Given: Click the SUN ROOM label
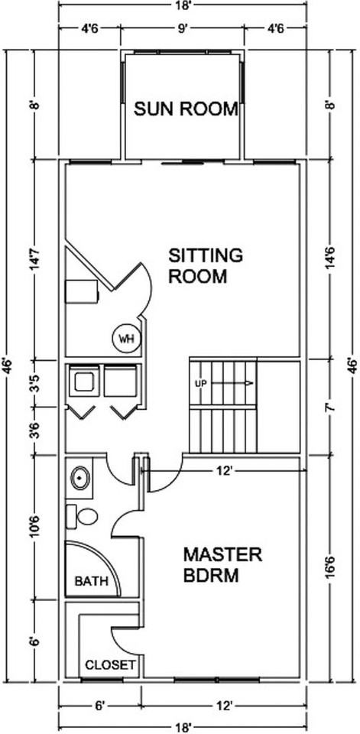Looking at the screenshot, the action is pos(186,109).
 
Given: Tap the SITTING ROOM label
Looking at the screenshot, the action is pos(206,266).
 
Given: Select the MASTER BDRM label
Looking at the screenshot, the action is pos(222,565).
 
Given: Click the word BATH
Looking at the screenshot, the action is pos(92,582).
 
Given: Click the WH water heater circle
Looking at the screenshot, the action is pos(126,338).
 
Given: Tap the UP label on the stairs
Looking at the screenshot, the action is pos(200,384).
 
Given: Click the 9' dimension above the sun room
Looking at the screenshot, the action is pos(183,28).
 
